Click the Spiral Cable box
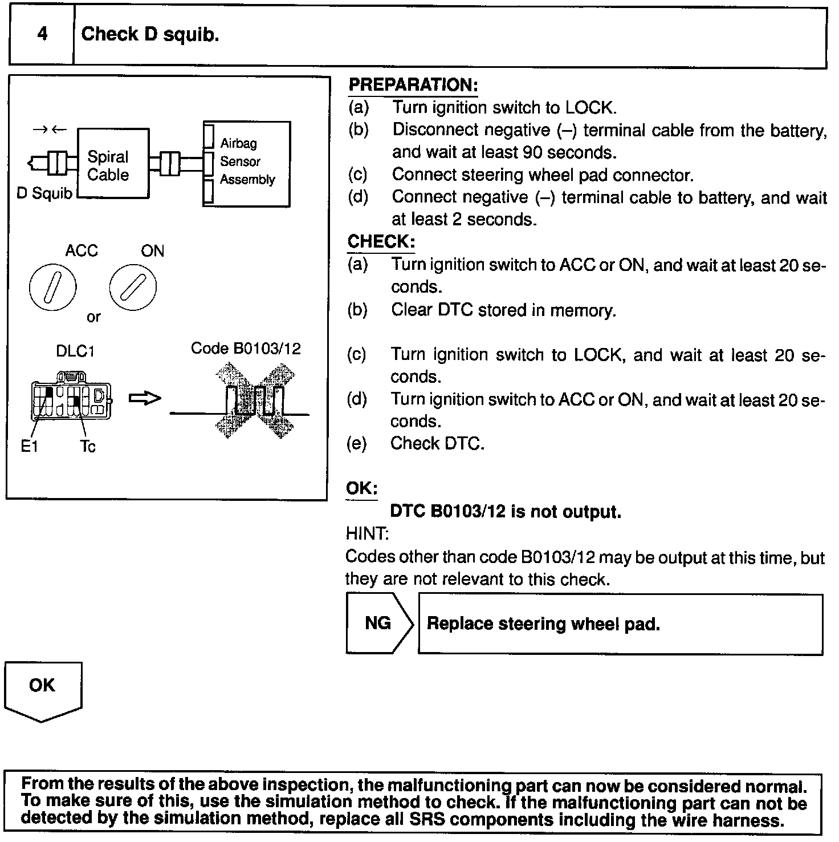(113, 164)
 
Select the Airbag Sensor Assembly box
(247, 163)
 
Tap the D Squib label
(44, 194)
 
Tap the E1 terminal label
(29, 447)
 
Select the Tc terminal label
(88, 447)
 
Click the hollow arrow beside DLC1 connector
(145, 399)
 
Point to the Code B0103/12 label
(246, 349)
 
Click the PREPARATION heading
(413, 86)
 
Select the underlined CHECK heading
(381, 241)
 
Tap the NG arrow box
(378, 623)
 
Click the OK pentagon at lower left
(43, 689)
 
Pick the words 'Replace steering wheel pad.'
(543, 624)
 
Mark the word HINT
(367, 534)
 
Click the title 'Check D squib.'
(150, 35)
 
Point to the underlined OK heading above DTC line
(361, 489)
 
